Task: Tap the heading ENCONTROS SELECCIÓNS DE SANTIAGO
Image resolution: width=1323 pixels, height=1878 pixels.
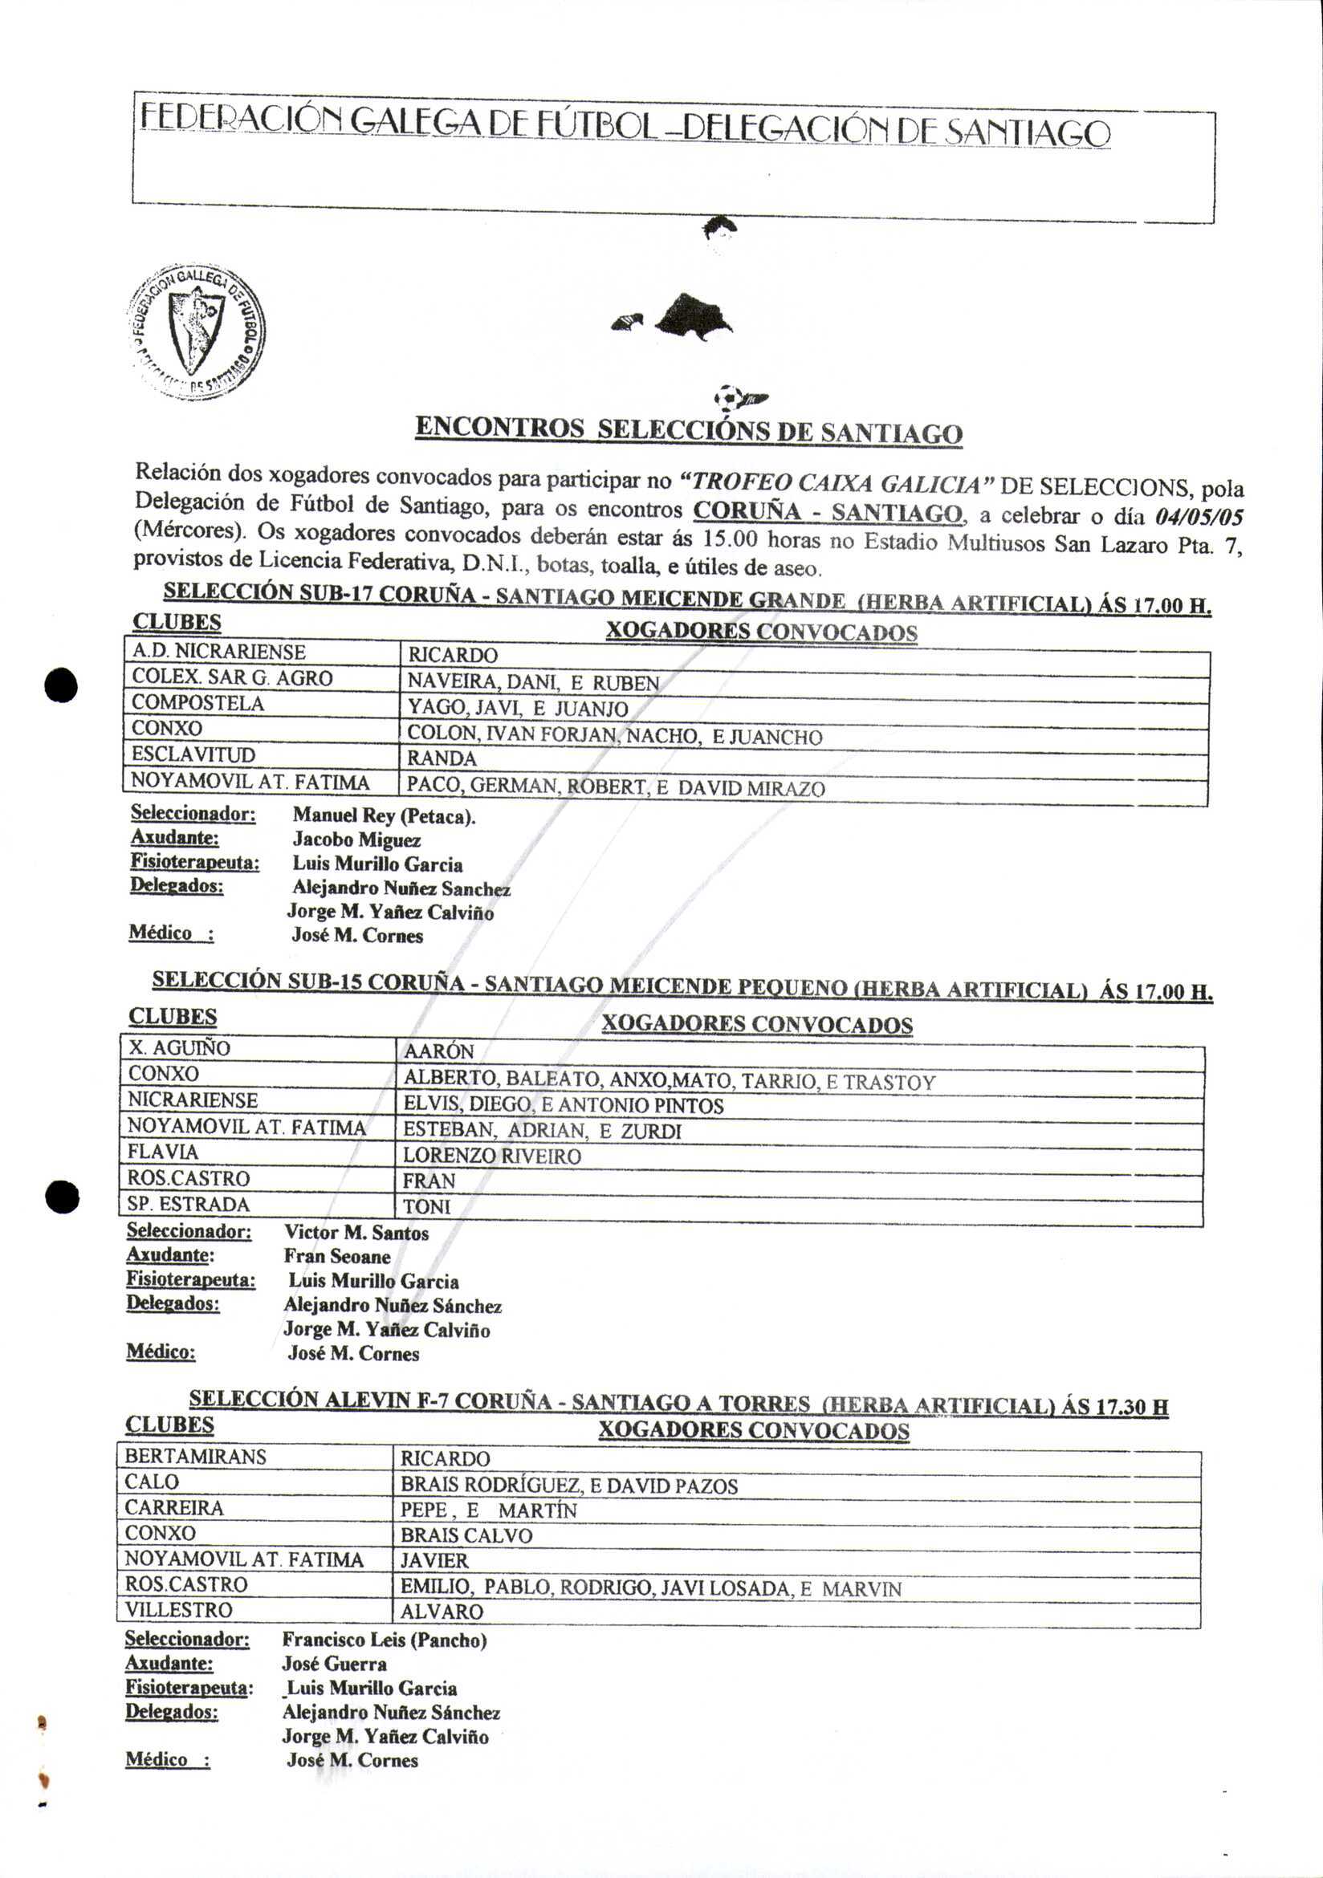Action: (688, 430)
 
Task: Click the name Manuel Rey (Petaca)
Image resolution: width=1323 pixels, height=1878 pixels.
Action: (384, 815)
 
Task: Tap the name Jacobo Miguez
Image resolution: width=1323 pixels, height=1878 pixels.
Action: (356, 840)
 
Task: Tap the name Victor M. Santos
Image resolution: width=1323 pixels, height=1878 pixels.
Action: (356, 1233)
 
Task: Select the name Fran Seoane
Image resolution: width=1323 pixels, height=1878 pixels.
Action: (337, 1256)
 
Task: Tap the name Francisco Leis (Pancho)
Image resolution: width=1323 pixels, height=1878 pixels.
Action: (384, 1639)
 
